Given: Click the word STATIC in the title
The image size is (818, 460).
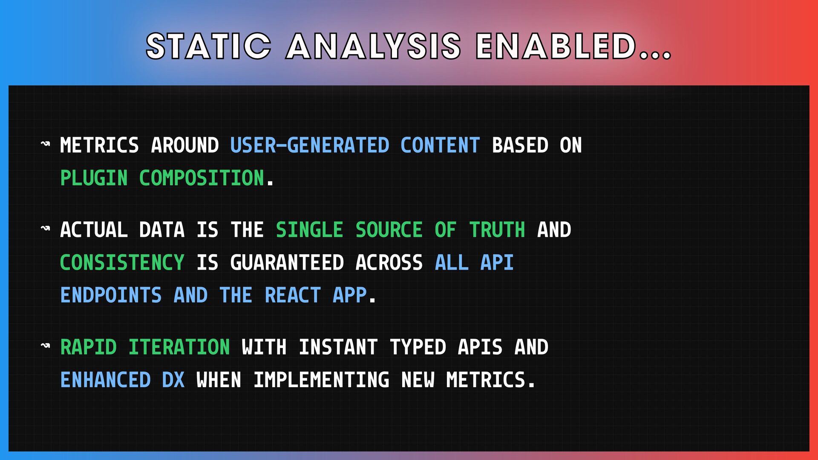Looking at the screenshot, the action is coord(208,46).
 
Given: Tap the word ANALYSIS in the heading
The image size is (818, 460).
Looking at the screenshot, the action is coord(373,46).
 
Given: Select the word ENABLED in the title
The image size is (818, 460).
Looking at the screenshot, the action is coord(556,46).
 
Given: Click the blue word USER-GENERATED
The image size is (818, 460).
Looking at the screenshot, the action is coord(310,145).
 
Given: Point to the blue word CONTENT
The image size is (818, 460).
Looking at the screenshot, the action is coord(440,145).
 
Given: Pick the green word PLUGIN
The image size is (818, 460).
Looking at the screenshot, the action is coord(94,178).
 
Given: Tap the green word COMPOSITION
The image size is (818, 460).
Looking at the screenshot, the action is coord(202,178).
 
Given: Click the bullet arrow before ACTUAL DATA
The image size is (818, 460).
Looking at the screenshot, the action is coord(45,229).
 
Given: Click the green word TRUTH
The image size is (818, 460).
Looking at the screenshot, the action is coord(497,230).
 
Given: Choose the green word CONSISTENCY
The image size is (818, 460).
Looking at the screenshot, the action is coord(122,263).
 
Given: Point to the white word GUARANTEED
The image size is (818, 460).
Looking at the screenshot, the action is coord(287,263).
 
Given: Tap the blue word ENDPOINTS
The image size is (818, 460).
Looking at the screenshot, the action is coord(111,295).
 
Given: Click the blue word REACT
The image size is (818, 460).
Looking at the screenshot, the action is coord(292,295).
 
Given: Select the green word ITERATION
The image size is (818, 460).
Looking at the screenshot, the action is coord(179,347).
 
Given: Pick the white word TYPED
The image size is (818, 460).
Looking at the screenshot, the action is coord(418,347).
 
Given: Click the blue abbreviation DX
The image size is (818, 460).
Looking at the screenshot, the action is coord(173,380).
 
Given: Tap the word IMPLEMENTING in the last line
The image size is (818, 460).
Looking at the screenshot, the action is coord(321,380).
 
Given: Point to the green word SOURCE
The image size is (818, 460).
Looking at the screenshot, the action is coord(389,230).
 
